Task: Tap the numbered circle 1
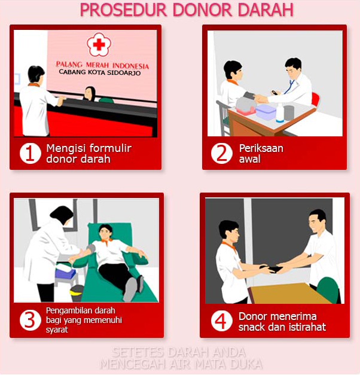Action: click(30, 153)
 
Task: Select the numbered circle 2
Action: click(222, 153)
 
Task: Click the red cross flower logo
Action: click(99, 45)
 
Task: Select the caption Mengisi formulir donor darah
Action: click(89, 153)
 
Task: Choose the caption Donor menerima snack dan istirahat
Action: click(282, 321)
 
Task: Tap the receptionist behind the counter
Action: click(90, 94)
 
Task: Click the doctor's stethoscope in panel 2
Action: click(288, 88)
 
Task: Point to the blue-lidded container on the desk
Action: click(266, 111)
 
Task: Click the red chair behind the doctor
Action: click(316, 100)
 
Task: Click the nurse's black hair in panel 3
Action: click(62, 214)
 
